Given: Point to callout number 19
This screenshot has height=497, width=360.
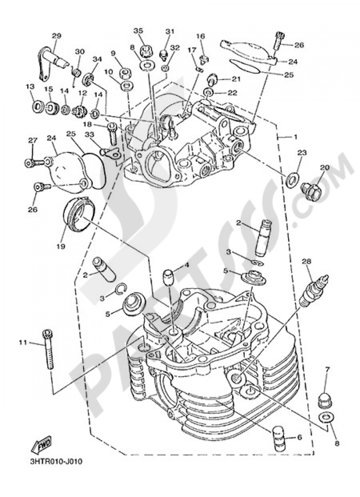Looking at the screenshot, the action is pyautogui.click(x=61, y=246).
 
